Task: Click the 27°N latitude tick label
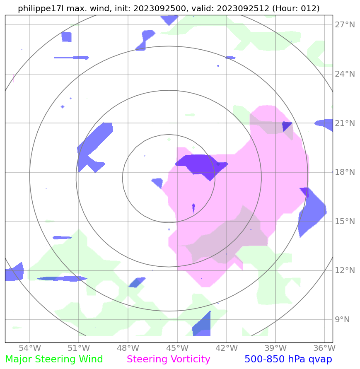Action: click(x=345, y=25)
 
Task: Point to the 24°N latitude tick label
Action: click(x=345, y=74)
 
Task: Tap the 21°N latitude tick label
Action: click(x=345, y=123)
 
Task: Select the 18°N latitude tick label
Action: click(x=345, y=172)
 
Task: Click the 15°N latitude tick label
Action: click(x=345, y=221)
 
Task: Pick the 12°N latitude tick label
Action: click(x=345, y=270)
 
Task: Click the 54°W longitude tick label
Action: click(x=30, y=347)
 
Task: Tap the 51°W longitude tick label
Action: click(x=79, y=347)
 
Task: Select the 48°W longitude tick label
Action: click(x=128, y=347)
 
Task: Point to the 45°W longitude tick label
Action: click(x=177, y=347)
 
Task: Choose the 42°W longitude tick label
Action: click(x=226, y=347)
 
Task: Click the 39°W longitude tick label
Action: click(x=275, y=347)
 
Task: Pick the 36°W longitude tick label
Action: click(x=324, y=347)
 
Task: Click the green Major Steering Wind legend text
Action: click(x=54, y=359)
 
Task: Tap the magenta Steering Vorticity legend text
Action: click(x=169, y=359)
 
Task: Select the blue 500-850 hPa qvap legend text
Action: click(x=288, y=359)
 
